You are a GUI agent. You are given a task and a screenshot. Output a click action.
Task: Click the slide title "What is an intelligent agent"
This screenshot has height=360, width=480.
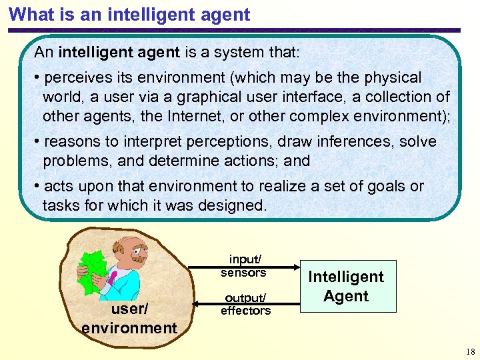(130, 14)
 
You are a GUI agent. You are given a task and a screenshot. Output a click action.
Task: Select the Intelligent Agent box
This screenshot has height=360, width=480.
(345, 287)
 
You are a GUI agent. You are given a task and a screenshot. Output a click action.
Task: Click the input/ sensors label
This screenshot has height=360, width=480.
(244, 265)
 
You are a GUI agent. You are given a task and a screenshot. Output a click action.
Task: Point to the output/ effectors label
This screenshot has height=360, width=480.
(245, 304)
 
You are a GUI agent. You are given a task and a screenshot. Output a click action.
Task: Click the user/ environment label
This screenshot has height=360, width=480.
(129, 319)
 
